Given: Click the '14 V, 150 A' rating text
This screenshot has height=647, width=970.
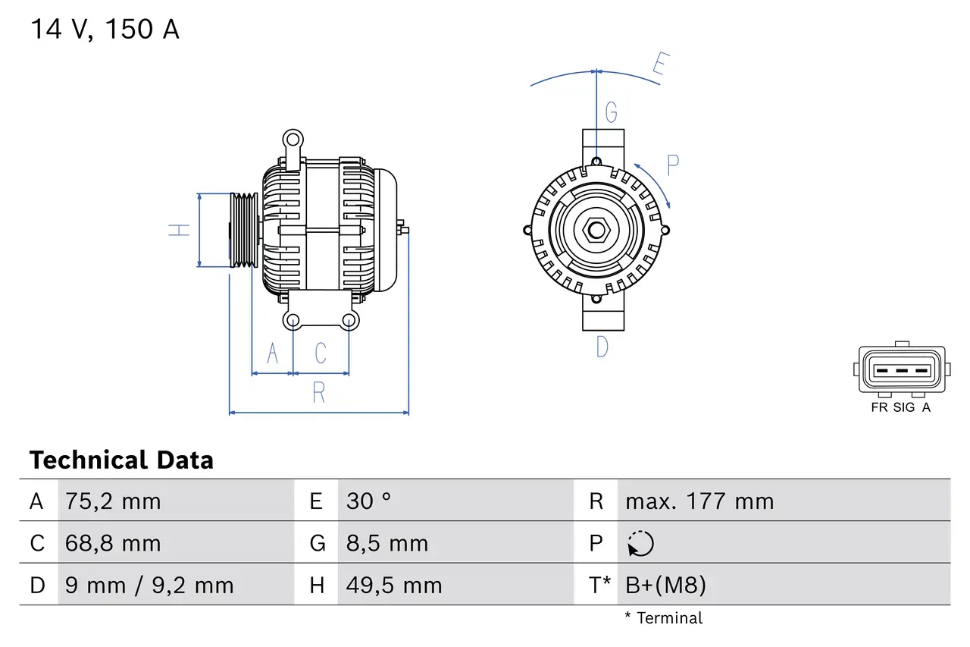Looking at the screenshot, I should [105, 30].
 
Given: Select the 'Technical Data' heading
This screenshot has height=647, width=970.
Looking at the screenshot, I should [121, 460].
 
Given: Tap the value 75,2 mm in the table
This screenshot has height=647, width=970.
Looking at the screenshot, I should [113, 501].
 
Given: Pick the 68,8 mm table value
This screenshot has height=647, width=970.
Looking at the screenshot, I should [113, 543].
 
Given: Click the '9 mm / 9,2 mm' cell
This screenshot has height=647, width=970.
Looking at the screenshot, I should [149, 585].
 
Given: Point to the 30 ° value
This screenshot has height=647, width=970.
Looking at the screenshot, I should [369, 501].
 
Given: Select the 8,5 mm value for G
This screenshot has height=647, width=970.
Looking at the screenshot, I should [387, 543].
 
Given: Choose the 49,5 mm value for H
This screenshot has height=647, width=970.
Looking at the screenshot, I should [394, 585].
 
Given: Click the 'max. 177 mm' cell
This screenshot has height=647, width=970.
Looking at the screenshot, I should [699, 501].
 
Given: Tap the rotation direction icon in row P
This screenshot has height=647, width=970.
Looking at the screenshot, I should [640, 544].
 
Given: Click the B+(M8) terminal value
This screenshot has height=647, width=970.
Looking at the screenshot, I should [665, 585].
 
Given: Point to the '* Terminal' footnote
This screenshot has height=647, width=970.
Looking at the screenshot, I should [663, 618].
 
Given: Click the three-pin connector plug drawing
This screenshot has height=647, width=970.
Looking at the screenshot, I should [901, 370].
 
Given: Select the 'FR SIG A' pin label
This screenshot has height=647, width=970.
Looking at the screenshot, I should [901, 407].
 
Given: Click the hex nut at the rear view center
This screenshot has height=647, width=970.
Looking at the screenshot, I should [596, 229].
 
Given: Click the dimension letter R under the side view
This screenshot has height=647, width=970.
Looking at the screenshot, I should [319, 393].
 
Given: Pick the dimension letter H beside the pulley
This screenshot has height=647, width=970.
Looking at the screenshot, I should [180, 230].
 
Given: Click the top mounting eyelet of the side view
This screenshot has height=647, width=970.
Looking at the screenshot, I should [293, 140].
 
